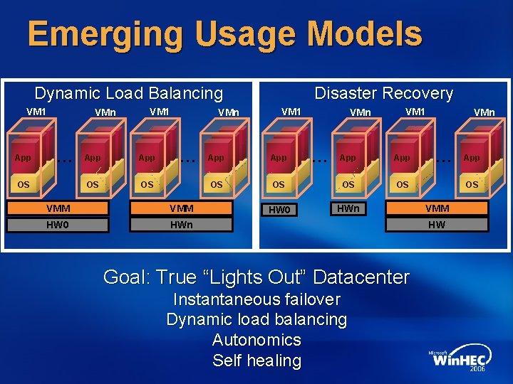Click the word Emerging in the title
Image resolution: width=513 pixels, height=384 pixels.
click(89, 34)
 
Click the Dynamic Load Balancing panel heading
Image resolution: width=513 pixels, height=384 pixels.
click(128, 93)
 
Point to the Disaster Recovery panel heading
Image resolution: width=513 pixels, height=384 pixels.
click(383, 93)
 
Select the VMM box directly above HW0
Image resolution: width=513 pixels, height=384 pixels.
click(58, 208)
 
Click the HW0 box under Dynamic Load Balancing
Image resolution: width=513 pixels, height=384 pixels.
click(58, 225)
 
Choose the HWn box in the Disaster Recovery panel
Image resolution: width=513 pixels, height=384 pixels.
click(348, 208)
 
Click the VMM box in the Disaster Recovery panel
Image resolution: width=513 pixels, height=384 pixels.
click(437, 208)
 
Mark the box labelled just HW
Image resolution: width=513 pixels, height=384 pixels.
click(437, 225)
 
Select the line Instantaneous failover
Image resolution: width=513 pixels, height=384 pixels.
click(256, 299)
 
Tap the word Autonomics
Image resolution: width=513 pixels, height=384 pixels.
click(256, 340)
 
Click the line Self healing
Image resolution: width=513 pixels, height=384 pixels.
click(256, 361)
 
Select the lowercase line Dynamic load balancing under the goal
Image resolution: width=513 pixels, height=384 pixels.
click(256, 320)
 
